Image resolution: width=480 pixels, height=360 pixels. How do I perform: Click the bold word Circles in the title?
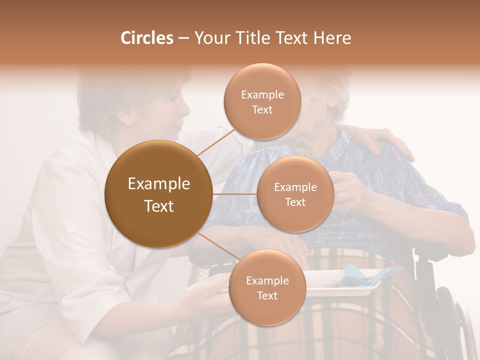pos(146,38)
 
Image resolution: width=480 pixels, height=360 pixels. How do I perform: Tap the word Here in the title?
pos(331,38)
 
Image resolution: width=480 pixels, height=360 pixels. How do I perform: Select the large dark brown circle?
pos(158,194)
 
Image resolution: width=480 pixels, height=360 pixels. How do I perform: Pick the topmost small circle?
pos(262,101)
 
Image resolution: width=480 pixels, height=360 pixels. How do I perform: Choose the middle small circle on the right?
pos(295,194)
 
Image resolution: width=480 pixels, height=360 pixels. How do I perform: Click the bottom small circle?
pos(267,287)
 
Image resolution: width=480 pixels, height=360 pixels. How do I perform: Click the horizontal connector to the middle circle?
pos(234,194)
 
